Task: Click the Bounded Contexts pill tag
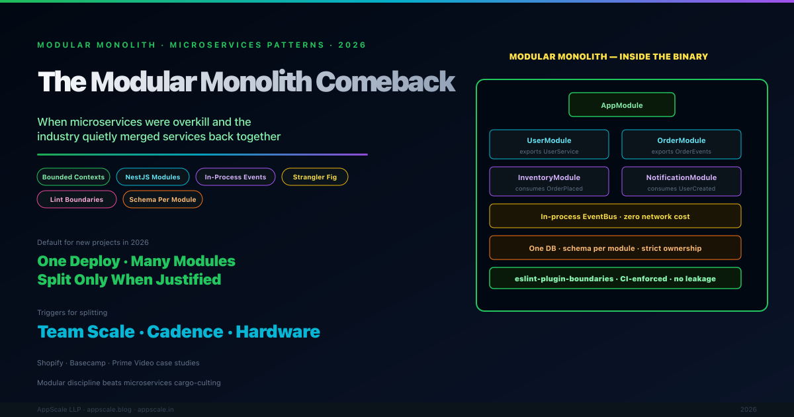pos(73,177)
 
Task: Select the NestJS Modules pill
pos(153,177)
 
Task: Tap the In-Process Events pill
pos(236,177)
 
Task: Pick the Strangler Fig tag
pos(315,177)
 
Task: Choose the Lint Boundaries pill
pos(77,199)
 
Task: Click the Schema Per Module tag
pos(163,199)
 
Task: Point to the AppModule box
pos(622,105)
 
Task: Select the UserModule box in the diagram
pos(549,144)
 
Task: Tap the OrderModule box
pos(682,144)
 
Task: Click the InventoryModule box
pos(549,181)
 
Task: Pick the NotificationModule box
pos(682,181)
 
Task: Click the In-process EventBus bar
pos(615,216)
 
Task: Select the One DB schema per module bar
pos(615,248)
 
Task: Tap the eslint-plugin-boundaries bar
pos(615,279)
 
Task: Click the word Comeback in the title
pos(385,82)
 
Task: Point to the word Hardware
pos(278,332)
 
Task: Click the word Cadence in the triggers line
pos(185,332)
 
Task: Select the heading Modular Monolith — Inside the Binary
pos(609,57)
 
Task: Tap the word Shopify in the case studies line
pos(50,363)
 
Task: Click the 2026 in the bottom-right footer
pos(748,410)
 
